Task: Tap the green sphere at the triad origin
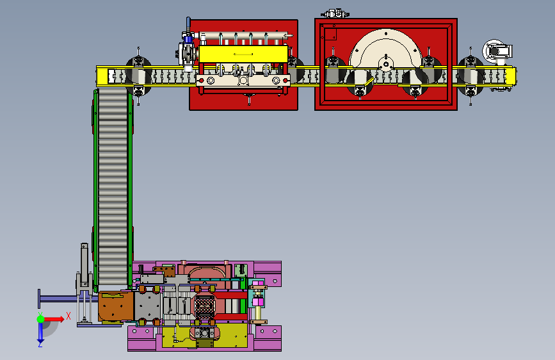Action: click(41, 319)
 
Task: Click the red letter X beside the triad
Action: click(68, 316)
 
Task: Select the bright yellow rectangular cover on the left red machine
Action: click(243, 54)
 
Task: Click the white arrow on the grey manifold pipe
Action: click(289, 35)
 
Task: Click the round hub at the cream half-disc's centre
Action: click(386, 65)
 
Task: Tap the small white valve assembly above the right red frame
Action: click(335, 14)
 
